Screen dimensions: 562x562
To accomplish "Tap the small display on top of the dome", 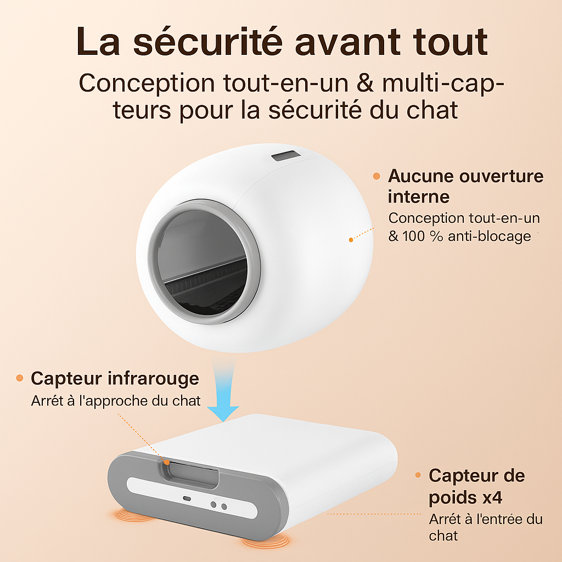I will [x=285, y=157].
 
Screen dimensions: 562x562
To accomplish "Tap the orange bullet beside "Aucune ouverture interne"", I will [x=376, y=176].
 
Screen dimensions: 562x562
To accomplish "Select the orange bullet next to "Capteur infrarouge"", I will [x=20, y=378].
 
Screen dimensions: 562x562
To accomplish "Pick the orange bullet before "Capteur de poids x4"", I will [x=418, y=475].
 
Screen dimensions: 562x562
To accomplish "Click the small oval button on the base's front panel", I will [x=186, y=499].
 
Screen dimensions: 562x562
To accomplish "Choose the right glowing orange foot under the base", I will [x=266, y=542].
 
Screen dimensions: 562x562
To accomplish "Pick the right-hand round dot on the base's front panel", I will [x=224, y=507].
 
